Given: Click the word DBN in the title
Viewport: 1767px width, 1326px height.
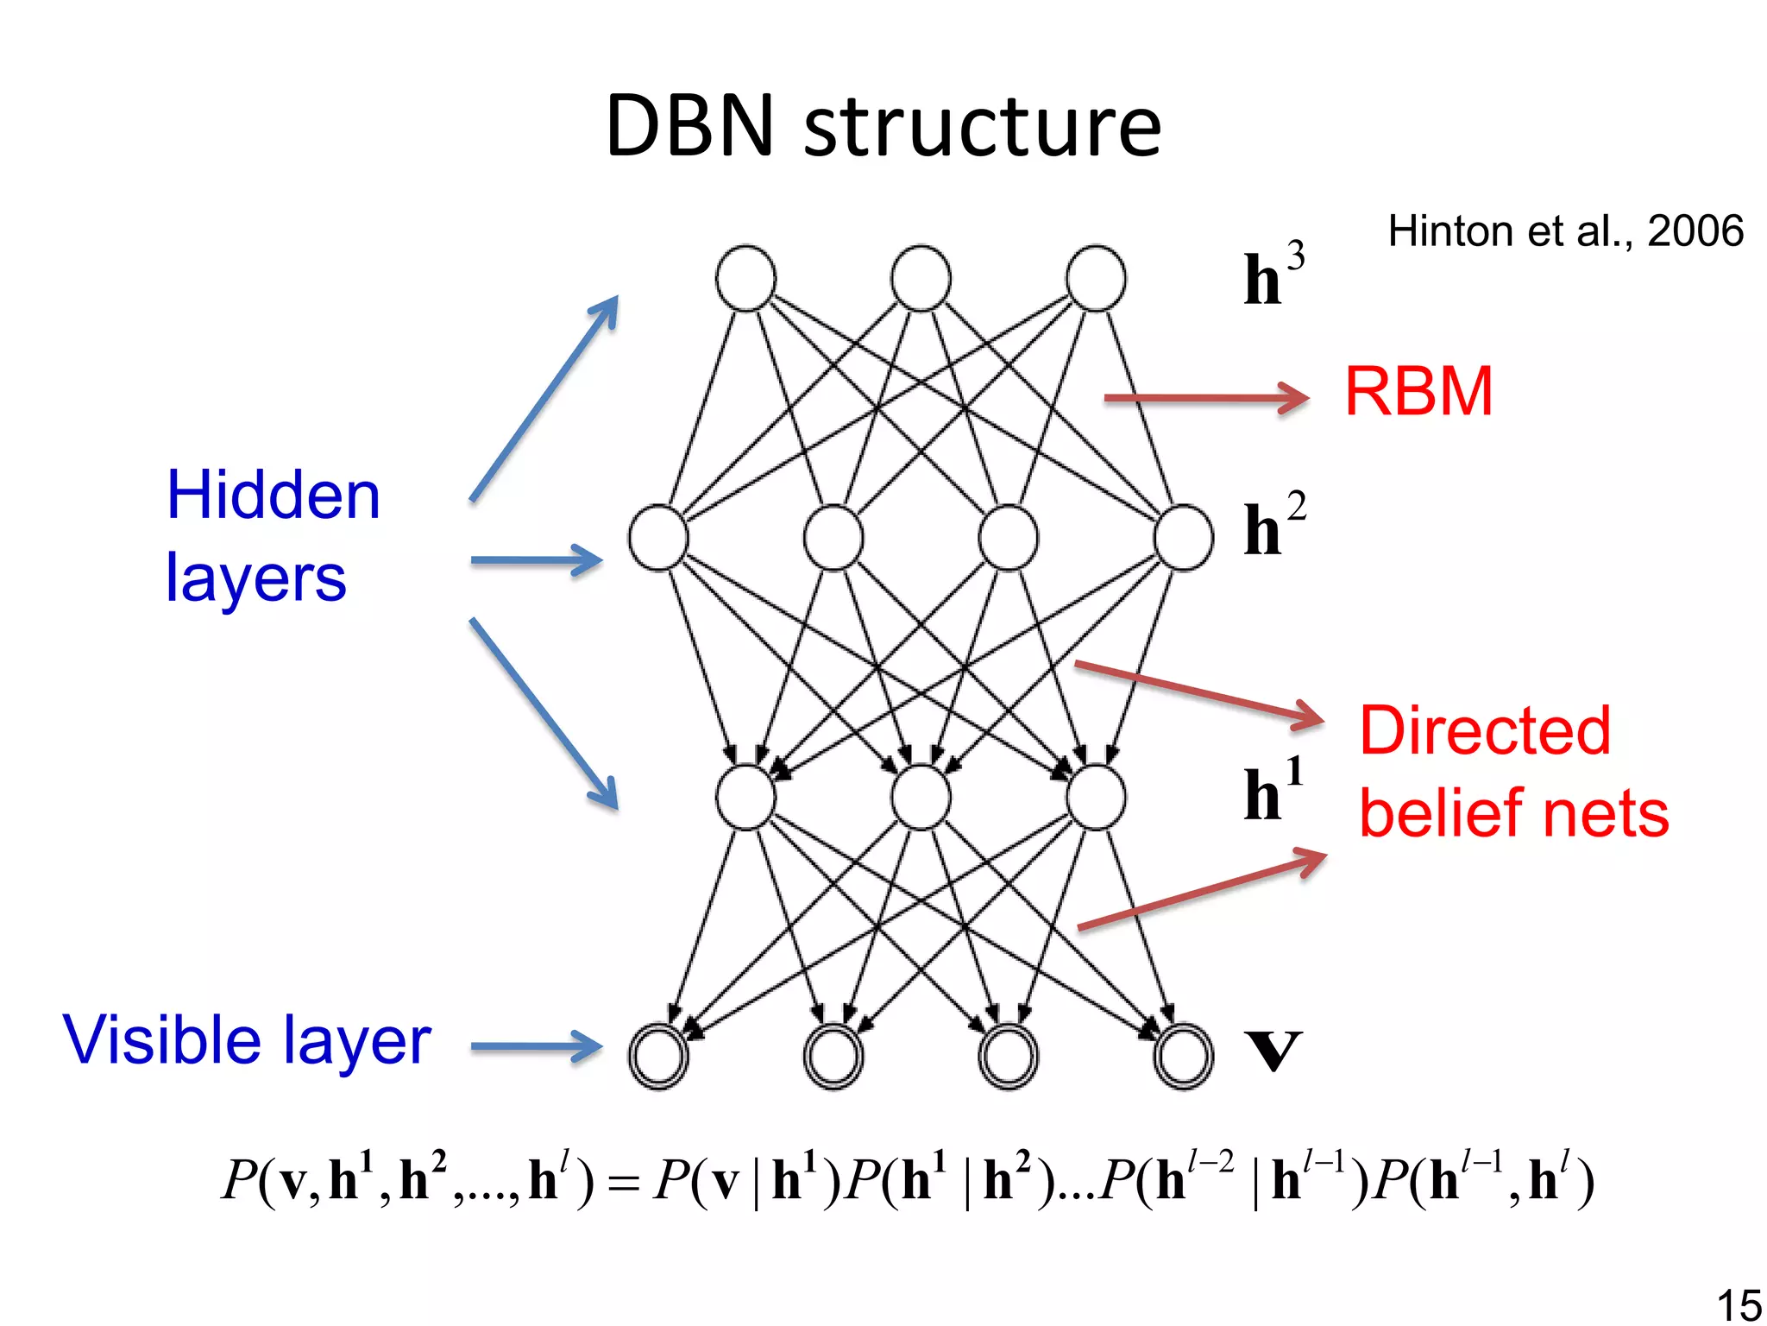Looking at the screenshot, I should (x=690, y=127).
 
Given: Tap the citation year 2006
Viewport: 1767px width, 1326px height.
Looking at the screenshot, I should (x=1695, y=231).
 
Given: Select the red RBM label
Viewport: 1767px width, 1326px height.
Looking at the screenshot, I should (x=1418, y=392).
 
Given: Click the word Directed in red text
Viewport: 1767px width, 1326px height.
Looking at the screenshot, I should (x=1484, y=730).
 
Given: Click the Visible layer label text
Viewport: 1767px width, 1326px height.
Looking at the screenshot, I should (x=247, y=1040).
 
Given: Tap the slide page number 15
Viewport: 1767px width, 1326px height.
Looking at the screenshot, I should (x=1738, y=1304).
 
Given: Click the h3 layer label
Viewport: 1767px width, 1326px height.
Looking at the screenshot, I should (x=1273, y=275).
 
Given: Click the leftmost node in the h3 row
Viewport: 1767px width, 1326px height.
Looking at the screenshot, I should (x=745, y=278).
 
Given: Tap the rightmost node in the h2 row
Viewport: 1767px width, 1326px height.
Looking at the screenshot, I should (x=1184, y=538).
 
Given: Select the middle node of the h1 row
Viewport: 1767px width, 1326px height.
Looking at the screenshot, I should (x=921, y=797).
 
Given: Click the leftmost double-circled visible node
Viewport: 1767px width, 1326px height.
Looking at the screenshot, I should (x=658, y=1056).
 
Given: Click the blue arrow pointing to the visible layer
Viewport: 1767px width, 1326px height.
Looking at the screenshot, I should (x=535, y=1047).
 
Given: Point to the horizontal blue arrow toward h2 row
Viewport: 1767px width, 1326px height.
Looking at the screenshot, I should (x=535, y=560).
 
